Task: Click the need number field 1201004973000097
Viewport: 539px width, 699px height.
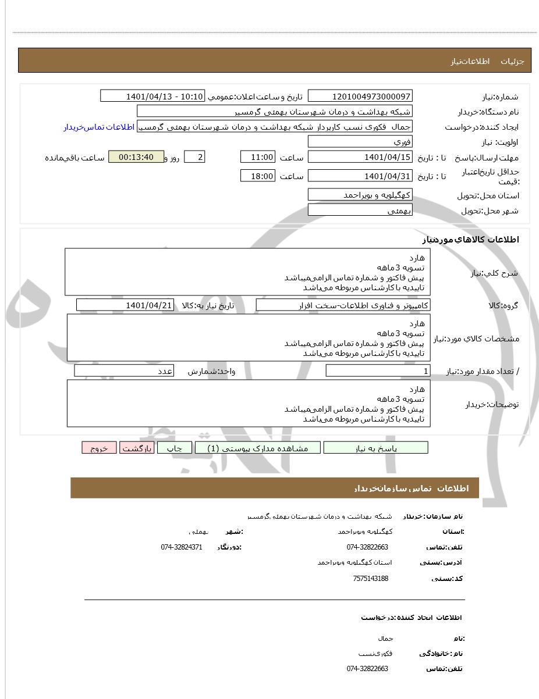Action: pyautogui.click(x=360, y=96)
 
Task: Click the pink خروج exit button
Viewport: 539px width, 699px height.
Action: pyautogui.click(x=100, y=448)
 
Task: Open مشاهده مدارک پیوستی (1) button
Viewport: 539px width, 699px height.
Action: pyautogui.click(x=257, y=448)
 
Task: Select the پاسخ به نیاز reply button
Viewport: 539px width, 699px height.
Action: pyautogui.click(x=375, y=448)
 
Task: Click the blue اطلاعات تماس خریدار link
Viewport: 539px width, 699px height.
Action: pyautogui.click(x=98, y=127)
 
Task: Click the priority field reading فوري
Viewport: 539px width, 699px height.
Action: pyautogui.click(x=360, y=142)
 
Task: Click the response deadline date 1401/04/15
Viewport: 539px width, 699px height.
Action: pyautogui.click(x=360, y=158)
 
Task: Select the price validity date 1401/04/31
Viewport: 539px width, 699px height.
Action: pyautogui.click(x=360, y=176)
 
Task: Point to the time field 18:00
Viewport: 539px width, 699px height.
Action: pyautogui.click(x=257, y=176)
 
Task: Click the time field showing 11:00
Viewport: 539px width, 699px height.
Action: pyautogui.click(x=257, y=158)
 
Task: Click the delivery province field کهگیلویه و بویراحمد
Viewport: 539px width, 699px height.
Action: pyautogui.click(x=360, y=195)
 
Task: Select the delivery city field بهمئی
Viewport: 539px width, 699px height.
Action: pyautogui.click(x=360, y=210)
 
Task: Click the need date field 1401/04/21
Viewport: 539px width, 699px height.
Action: pyautogui.click(x=125, y=305)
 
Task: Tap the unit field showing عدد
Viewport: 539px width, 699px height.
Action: pyautogui.click(x=124, y=371)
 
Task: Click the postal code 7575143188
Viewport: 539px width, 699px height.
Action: pyautogui.click(x=370, y=579)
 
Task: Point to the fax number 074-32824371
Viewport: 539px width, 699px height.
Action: pyautogui.click(x=182, y=547)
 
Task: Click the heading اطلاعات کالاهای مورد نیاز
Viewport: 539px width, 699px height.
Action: pyautogui.click(x=470, y=240)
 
